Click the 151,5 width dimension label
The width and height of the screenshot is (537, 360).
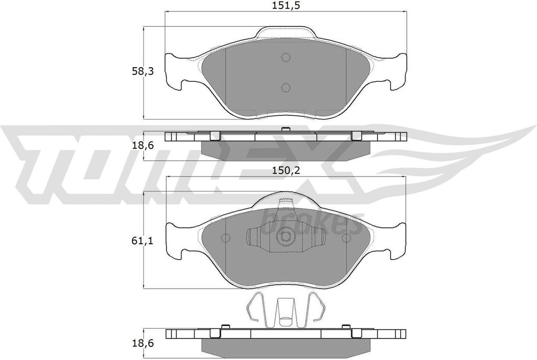coord(286,6)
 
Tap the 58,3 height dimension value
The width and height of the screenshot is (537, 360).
coord(143,72)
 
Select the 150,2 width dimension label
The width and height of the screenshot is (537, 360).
coord(286,170)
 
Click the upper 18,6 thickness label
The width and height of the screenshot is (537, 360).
coord(143,145)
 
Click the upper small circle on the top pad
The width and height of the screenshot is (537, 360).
coord(285,58)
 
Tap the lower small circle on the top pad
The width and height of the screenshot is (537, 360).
coord(285,87)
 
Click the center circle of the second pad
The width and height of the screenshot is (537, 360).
coord(286,237)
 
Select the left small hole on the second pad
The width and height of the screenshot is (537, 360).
coord(225,238)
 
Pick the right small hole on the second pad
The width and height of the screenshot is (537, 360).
coord(346,238)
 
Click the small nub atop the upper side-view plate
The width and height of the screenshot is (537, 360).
coord(285,129)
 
